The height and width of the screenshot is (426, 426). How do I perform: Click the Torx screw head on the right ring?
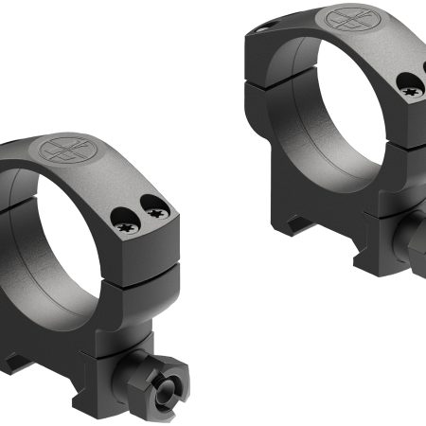pos(411,91)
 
